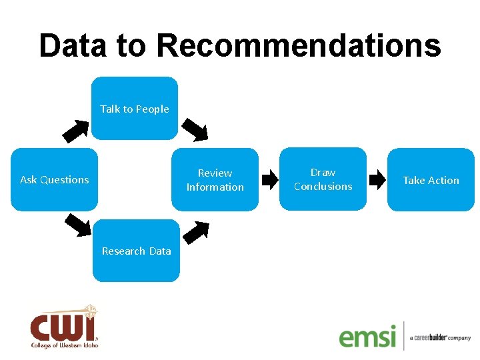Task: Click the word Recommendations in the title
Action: point(298,46)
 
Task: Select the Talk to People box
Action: point(135,109)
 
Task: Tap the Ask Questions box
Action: point(54,179)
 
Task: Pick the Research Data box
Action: point(136,251)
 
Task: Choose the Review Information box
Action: point(215,180)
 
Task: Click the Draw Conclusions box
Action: point(323,179)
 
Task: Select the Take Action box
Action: point(431,180)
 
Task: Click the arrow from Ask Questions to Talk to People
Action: point(79,131)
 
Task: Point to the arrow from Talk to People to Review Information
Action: point(195,129)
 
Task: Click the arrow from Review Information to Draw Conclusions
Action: point(270,179)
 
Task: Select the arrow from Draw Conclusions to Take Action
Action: point(378,179)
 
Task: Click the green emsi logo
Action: point(367,336)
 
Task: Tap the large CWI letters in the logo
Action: point(63,327)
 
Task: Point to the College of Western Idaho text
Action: point(64,345)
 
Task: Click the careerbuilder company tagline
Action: point(440,338)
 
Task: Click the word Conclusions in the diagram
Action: point(323,187)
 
